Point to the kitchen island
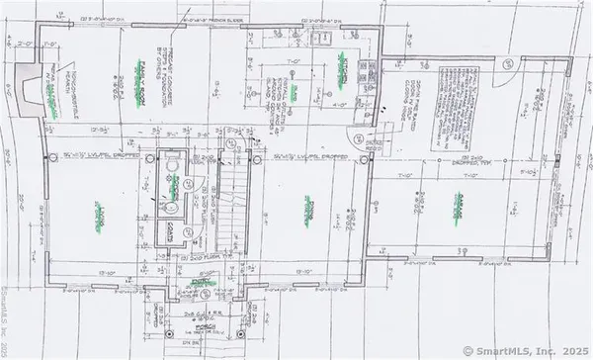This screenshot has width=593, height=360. coord(294,89)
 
